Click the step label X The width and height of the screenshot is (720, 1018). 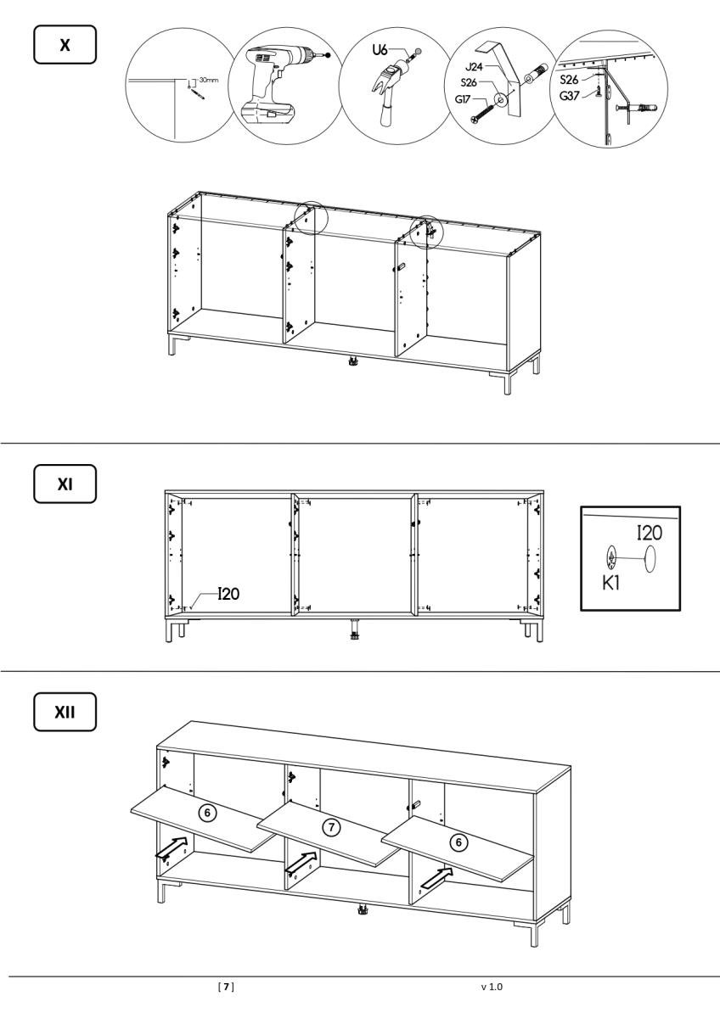tap(65, 44)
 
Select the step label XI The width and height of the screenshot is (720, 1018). tap(65, 484)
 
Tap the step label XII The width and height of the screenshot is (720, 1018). tap(65, 712)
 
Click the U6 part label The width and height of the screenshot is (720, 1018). tap(380, 49)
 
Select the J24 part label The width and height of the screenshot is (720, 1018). tap(474, 67)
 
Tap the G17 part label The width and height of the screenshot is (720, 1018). tap(463, 98)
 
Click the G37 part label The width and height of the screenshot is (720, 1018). tap(569, 96)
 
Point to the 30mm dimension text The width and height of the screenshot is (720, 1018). tap(209, 80)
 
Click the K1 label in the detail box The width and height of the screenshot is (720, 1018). tap(611, 583)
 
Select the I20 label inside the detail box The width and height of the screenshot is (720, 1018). tap(650, 533)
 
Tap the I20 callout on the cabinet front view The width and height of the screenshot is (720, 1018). tap(228, 594)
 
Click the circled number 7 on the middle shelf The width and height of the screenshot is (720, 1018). tap(331, 827)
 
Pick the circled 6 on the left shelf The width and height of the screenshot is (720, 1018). tap(207, 812)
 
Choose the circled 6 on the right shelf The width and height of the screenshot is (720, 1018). tap(458, 842)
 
